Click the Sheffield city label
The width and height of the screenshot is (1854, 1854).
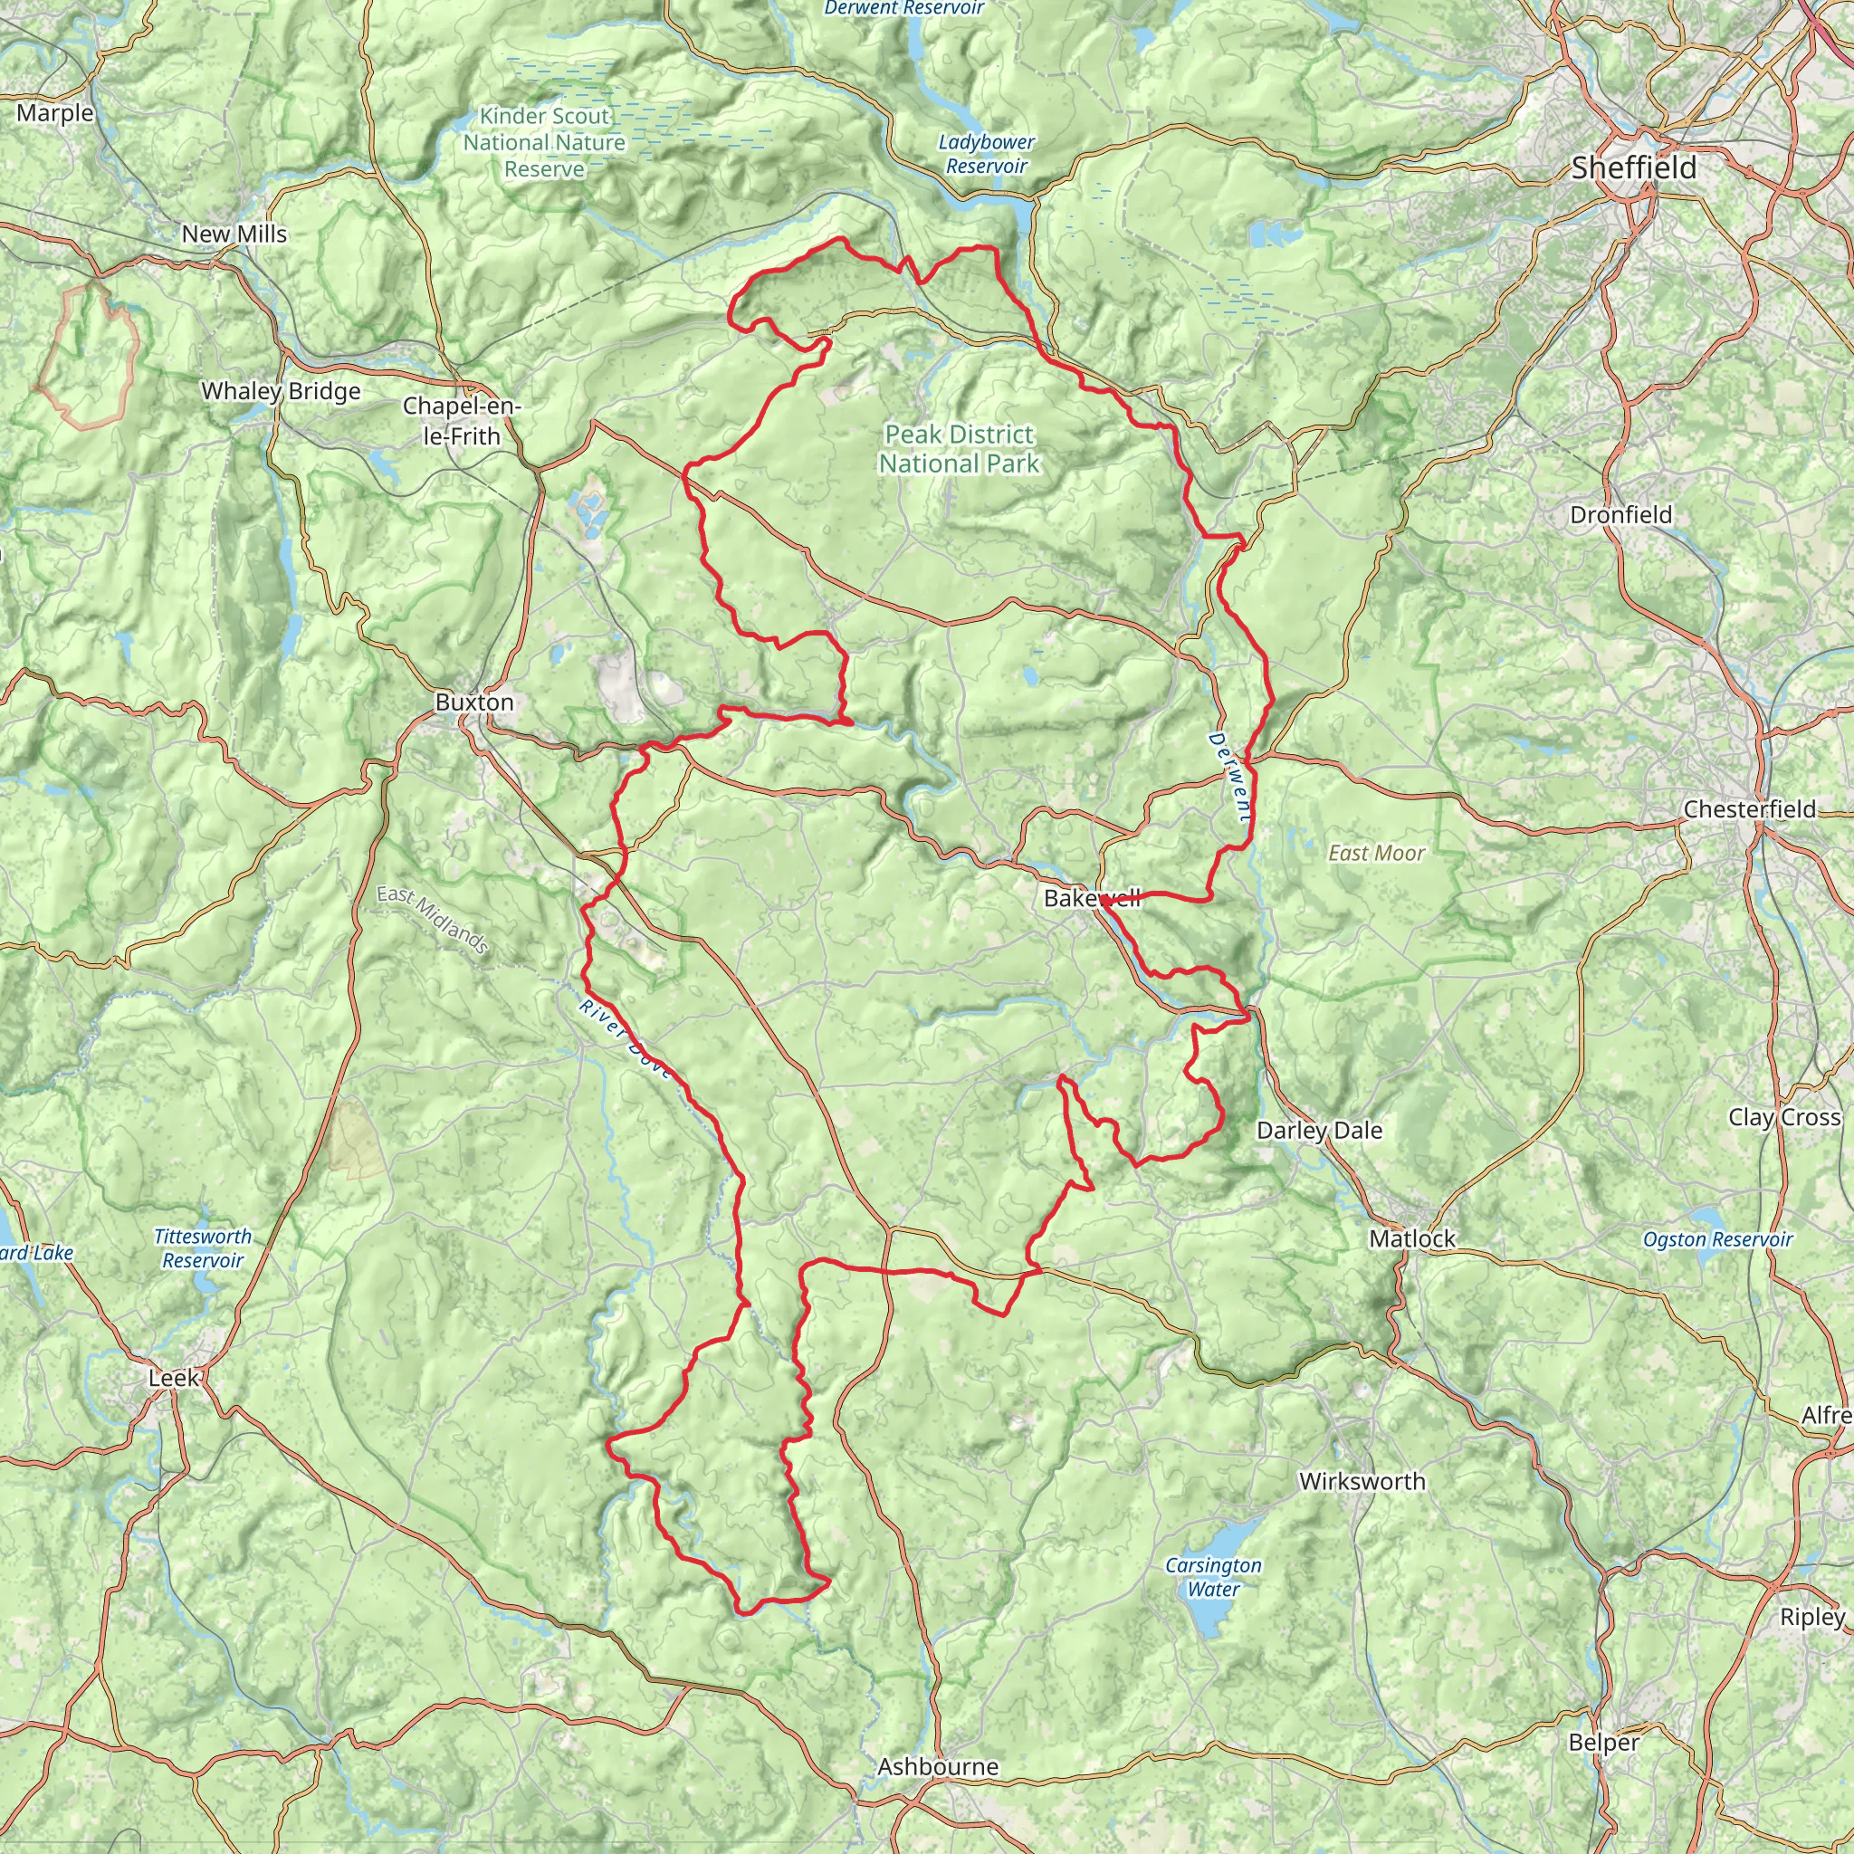[1633, 168]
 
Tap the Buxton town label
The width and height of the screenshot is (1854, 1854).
[474, 702]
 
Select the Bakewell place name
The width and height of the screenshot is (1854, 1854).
[1091, 898]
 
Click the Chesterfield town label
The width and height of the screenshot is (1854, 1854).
[1749, 809]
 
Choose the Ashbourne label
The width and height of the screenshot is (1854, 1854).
[938, 1767]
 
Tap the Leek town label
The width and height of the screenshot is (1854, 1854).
[174, 1378]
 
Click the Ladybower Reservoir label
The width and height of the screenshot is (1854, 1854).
[987, 154]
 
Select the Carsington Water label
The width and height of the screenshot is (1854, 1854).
[1213, 1577]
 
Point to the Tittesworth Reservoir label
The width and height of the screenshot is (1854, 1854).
[203, 1248]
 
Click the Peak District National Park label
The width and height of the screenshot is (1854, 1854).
[959, 449]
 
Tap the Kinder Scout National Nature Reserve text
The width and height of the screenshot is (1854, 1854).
[544, 142]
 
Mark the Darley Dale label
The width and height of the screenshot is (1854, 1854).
[1320, 1131]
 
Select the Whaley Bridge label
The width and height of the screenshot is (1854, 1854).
[281, 390]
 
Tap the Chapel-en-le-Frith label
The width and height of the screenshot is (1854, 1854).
[462, 420]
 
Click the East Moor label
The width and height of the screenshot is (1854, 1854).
[1376, 853]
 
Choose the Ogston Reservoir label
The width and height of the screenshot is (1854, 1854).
[1717, 1239]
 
